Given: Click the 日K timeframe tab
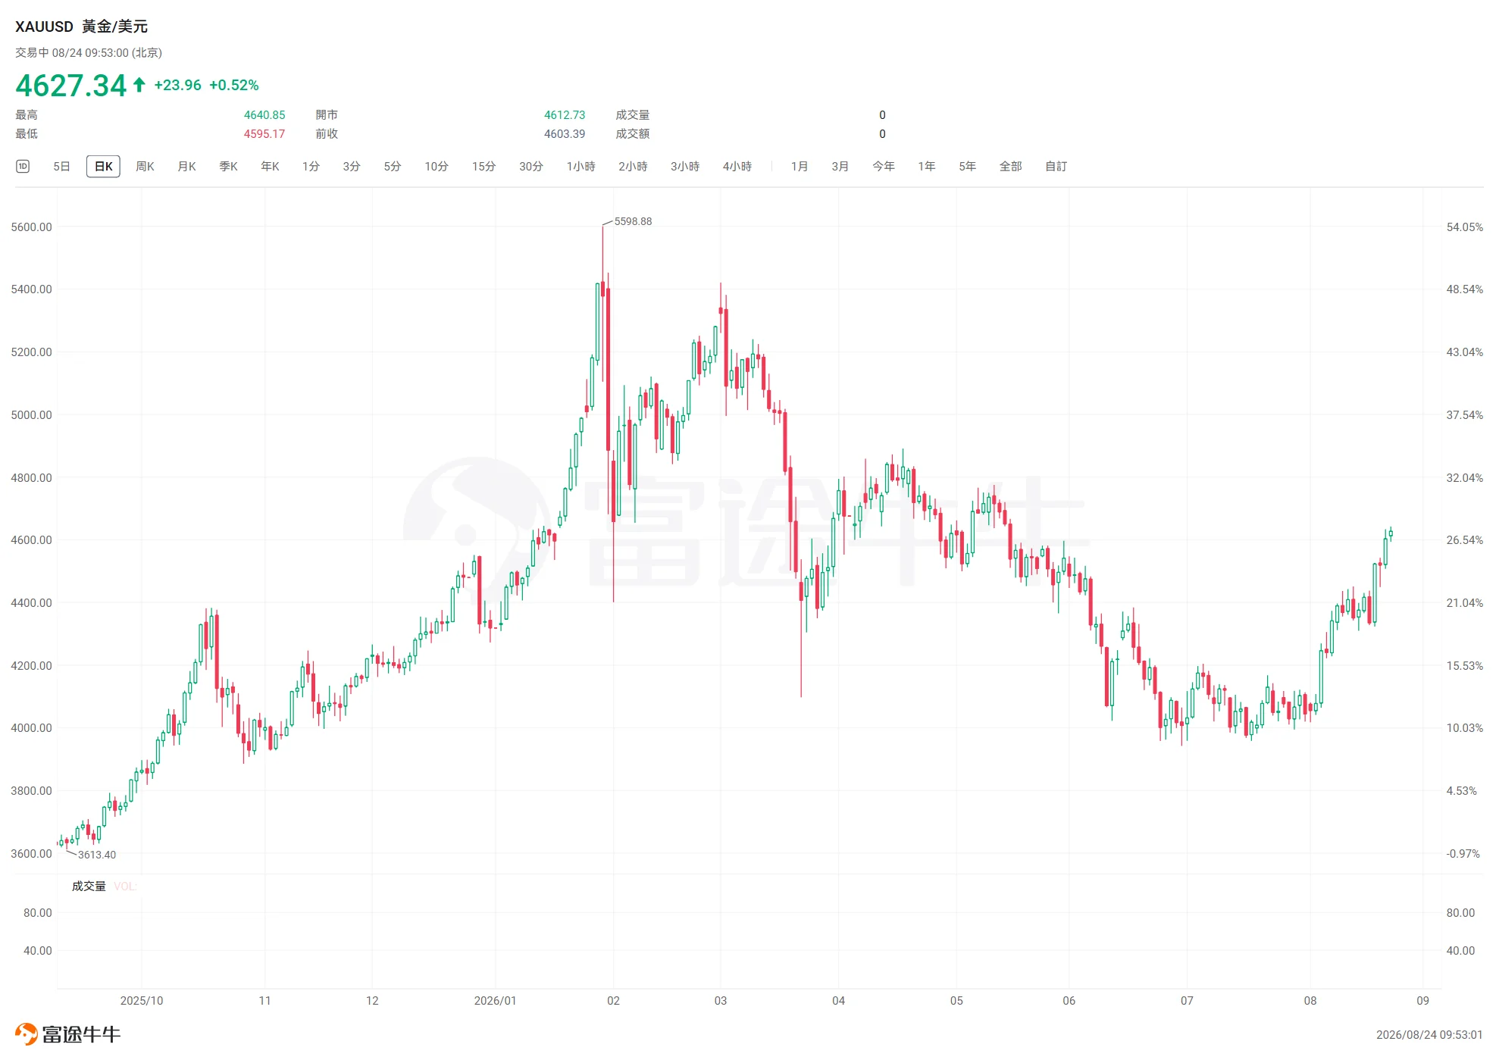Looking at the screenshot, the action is [103, 167].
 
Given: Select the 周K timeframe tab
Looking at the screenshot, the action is [145, 167].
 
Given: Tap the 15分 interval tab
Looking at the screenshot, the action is [483, 167].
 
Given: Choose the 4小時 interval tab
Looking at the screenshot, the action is [737, 167].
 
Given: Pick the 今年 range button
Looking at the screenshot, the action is [884, 167].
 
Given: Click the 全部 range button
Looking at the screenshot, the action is [1010, 167].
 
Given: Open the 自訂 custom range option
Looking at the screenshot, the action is [1056, 167].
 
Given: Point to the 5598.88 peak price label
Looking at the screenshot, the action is [633, 221].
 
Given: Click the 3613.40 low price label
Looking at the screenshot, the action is [97, 855].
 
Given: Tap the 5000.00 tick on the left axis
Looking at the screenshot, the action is [31, 415].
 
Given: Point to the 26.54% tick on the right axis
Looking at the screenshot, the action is [1464, 540].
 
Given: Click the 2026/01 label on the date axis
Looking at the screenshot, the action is [495, 1001].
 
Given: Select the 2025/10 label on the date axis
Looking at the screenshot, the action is [142, 1001].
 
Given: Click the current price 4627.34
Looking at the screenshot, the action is [71, 86].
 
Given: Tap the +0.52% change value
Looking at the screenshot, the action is [234, 86].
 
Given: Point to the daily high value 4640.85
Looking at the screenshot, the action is [264, 115].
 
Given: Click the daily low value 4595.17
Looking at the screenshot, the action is [264, 134].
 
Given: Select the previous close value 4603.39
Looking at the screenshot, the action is [565, 134].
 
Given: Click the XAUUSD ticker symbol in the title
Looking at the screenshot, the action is [44, 27].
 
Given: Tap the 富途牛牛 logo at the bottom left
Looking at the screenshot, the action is [67, 1034].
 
